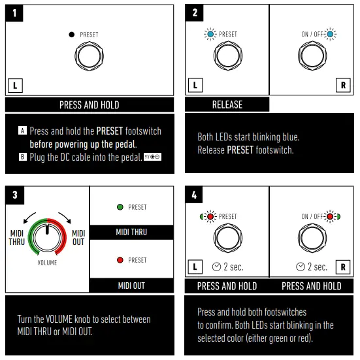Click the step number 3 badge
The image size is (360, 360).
(14, 195)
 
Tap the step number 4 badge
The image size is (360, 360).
(195, 195)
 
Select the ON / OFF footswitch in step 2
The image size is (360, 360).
(312, 57)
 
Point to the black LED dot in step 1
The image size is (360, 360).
(72, 34)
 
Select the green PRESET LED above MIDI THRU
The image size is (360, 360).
(120, 207)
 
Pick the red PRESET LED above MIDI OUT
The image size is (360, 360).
(120, 260)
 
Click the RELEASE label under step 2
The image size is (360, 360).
(227, 105)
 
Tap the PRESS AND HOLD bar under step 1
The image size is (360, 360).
(90, 105)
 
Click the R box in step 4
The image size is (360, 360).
(344, 267)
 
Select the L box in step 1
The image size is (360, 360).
(14, 84)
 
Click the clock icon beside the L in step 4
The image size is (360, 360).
(216, 267)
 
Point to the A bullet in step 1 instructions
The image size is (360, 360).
(23, 131)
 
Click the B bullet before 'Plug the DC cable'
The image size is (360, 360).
(23, 157)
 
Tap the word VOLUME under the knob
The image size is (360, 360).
(46, 263)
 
